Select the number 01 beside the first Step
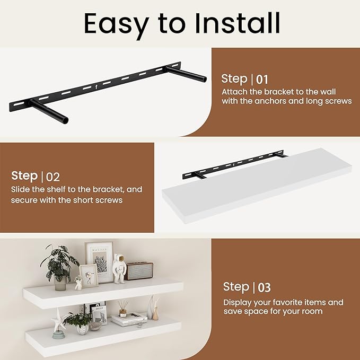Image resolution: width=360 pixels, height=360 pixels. coord(262,80)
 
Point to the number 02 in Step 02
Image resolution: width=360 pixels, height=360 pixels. coord(53,177)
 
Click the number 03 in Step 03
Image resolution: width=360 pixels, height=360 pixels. coord(264,288)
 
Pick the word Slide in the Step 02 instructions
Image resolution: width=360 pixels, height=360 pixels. coord(20,189)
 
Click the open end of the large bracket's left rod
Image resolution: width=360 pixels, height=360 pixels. coord(65,121)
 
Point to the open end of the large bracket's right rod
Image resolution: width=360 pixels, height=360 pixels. coord(204,79)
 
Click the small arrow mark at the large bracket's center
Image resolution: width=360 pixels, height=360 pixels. coord(96,87)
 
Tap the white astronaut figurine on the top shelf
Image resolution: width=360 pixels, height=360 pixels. coord(119,269)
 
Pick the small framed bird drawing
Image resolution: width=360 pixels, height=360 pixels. coord(89,276)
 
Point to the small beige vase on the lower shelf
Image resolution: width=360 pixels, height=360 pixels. coord(155,314)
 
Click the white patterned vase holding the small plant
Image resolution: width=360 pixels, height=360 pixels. coord(82,330)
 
